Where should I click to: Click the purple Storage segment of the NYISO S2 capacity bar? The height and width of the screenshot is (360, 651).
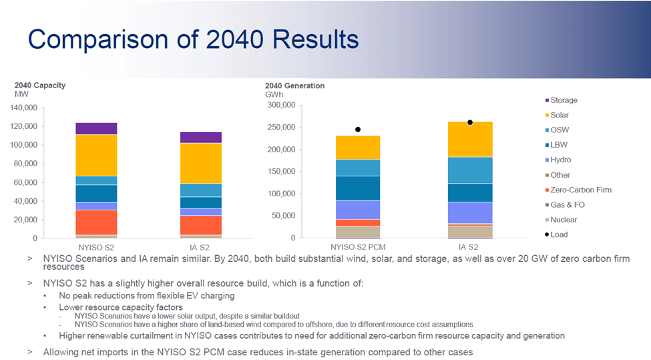tap(96, 128)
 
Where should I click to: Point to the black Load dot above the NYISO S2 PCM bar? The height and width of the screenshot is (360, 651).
tap(358, 130)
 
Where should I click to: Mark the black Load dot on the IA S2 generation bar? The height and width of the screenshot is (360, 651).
tap(470, 122)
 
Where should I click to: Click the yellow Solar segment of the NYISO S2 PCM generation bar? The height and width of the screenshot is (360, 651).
tap(358, 147)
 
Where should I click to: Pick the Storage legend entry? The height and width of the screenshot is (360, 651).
tap(564, 100)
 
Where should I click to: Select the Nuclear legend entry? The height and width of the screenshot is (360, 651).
tap(564, 220)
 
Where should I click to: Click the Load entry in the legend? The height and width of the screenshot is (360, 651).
tap(559, 234)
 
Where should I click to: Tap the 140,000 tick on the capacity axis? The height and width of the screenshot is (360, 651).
tap(24, 108)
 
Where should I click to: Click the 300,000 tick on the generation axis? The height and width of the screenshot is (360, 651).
tap(279, 105)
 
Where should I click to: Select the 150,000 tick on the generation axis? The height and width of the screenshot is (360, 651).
tap(279, 172)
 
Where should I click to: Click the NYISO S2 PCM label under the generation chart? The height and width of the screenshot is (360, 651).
tap(358, 247)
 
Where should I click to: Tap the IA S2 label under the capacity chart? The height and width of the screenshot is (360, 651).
tap(200, 247)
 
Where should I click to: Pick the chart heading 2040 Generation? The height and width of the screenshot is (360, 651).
tap(294, 85)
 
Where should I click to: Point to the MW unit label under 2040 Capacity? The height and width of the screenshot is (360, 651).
tap(21, 94)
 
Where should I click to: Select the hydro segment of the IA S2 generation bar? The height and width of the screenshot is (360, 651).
tap(470, 212)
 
